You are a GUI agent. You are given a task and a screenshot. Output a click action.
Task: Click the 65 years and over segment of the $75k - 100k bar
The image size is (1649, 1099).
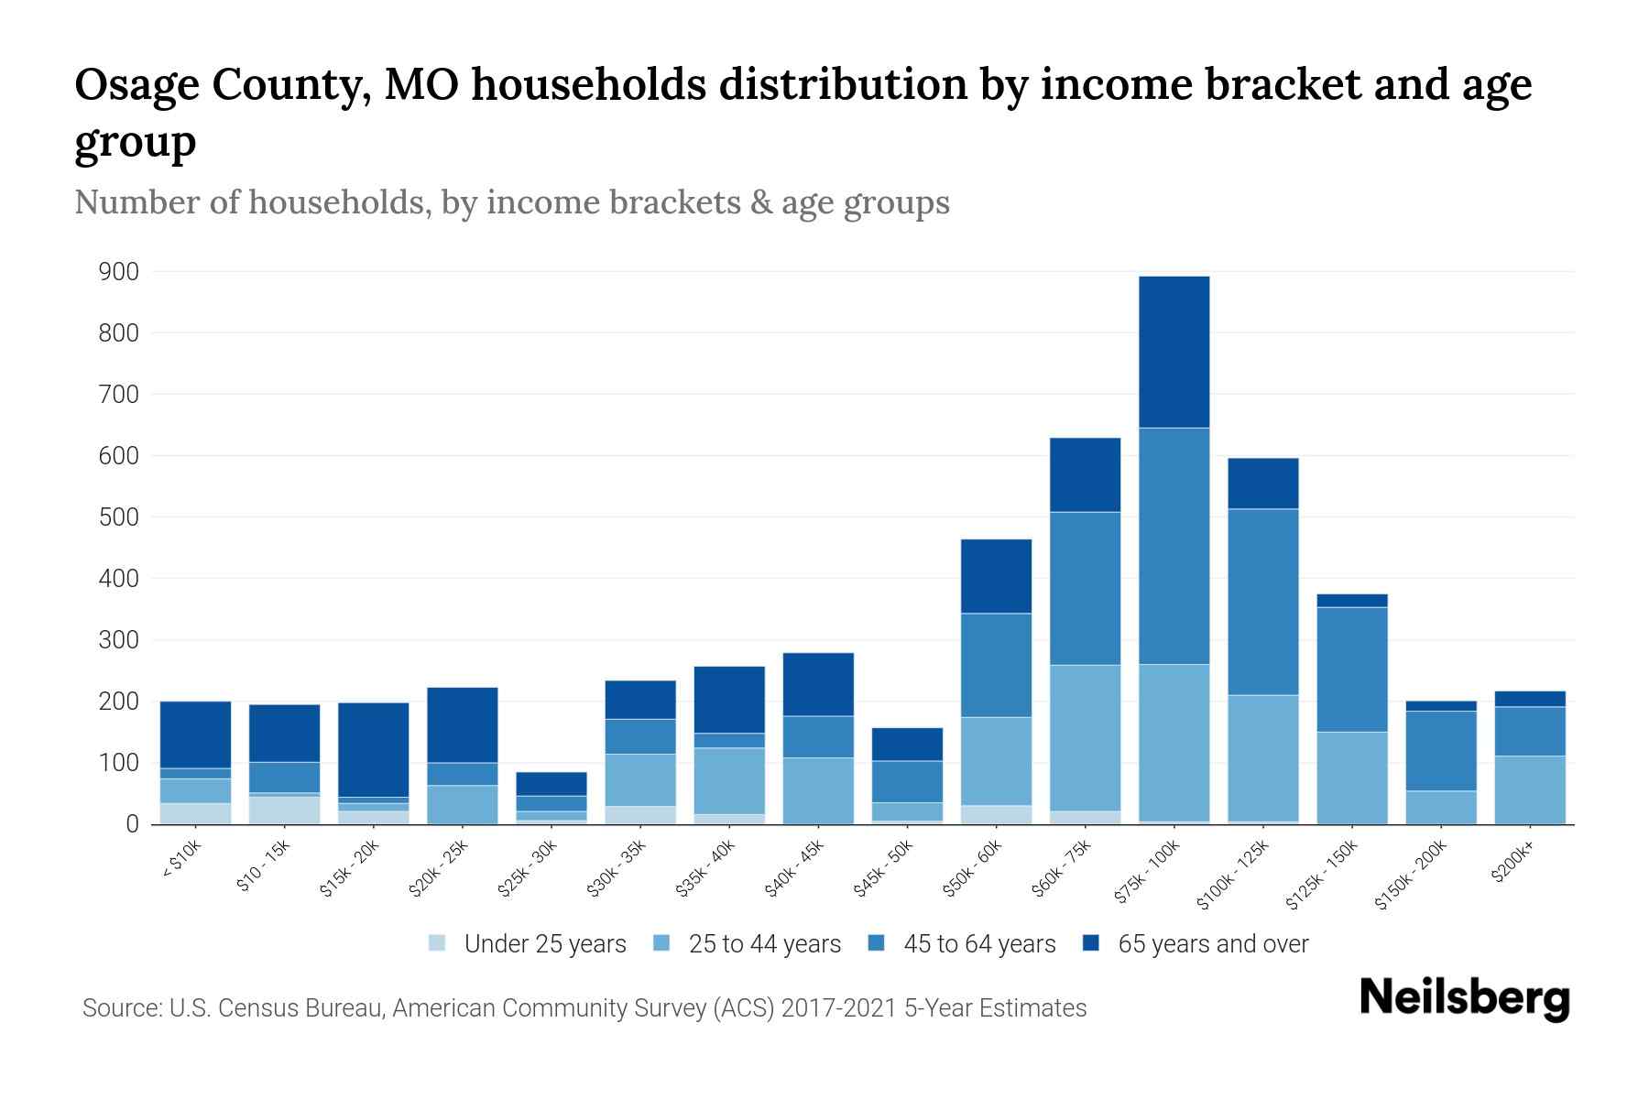tap(1174, 352)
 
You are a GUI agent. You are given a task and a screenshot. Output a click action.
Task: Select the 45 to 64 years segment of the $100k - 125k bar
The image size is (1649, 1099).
tap(1262, 602)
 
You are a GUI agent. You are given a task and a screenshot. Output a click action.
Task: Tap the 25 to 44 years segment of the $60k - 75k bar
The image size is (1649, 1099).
tap(1085, 737)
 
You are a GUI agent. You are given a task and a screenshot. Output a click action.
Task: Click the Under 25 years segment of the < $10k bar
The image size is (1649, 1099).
tap(195, 813)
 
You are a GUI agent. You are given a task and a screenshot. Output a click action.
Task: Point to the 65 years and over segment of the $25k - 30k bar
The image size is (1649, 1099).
tap(551, 784)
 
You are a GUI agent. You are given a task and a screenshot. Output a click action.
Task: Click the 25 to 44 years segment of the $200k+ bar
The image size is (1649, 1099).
tap(1529, 789)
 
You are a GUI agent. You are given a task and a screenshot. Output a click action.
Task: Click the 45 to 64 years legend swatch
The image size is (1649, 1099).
tap(877, 943)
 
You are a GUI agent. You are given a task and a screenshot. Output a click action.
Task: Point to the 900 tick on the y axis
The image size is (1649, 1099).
tap(119, 272)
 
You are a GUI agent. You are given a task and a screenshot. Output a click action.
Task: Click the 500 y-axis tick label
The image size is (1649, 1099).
tap(119, 517)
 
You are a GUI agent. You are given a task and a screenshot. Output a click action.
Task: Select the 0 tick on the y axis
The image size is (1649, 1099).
tap(132, 824)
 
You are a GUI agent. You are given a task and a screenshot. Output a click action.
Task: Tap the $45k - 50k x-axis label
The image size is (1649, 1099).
tap(884, 868)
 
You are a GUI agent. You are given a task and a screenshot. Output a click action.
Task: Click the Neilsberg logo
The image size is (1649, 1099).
tap(1464, 998)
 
